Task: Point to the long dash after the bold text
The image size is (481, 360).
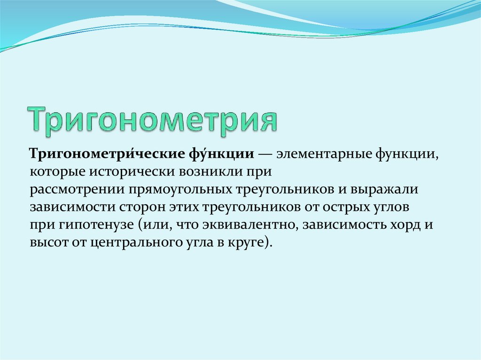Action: pyautogui.click(x=265, y=153)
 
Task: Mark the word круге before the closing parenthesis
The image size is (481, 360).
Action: pyautogui.click(x=249, y=243)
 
